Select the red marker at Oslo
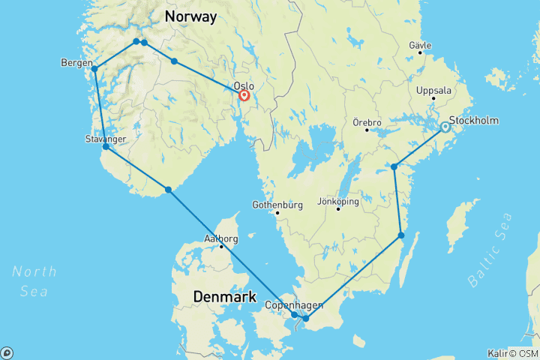coord(244,95)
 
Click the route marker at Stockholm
coord(445,127)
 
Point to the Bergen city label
coord(76,63)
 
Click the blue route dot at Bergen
coord(94,69)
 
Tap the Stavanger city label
coord(106,139)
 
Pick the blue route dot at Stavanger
coord(106,147)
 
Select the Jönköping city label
coord(338,201)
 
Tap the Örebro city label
coord(367,121)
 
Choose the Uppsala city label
coord(433,90)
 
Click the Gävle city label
coord(420,46)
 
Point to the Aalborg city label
coord(221,239)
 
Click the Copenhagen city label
coord(294,305)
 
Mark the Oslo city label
coord(244,85)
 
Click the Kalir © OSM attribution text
coord(511,352)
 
